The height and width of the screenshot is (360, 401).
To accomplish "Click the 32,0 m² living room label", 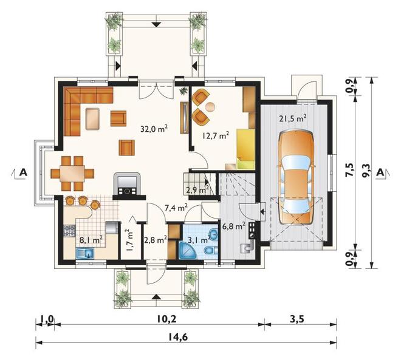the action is [x=154, y=128].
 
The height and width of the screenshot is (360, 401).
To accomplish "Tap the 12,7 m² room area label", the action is [x=215, y=135].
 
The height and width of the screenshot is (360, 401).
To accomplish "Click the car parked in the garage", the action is [x=296, y=178].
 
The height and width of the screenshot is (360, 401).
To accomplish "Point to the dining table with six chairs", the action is [x=72, y=174].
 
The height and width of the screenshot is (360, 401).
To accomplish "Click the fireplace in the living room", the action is [x=127, y=186].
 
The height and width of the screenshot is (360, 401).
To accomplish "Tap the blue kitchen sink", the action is [x=85, y=253].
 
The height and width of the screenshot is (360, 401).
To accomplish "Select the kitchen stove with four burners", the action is [x=69, y=230].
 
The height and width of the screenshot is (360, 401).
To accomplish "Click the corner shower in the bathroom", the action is [x=188, y=250].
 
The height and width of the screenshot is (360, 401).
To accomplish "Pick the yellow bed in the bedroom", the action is [x=246, y=149].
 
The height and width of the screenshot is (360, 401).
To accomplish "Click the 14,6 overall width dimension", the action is [x=178, y=337].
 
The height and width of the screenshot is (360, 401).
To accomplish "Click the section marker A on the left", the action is [x=23, y=172].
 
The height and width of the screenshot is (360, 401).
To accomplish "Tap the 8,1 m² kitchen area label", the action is [x=91, y=240].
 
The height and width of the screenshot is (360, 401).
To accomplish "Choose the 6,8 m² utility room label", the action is [x=234, y=226].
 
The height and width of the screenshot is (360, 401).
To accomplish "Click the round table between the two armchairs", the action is [x=210, y=107].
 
